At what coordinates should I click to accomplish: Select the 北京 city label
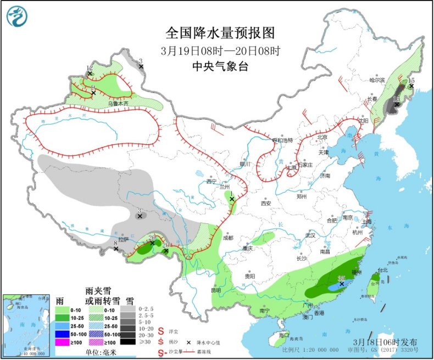pos(322,137)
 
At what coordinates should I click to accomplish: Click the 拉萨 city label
pos(123,239)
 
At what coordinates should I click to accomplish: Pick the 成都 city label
pos(227,238)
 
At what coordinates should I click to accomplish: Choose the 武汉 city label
pos(310,235)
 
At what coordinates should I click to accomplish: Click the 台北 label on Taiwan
pos(383,270)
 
